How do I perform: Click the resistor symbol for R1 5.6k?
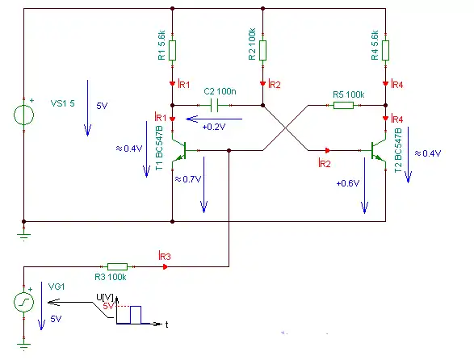[x=172, y=51]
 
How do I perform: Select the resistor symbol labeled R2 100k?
[x=262, y=51]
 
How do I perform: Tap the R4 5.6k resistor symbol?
[x=385, y=51]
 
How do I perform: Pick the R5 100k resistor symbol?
[x=343, y=105]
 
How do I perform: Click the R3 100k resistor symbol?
[x=118, y=266]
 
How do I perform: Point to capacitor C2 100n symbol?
[x=214, y=105]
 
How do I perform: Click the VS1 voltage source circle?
[x=24, y=115]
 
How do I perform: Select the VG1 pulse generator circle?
[x=24, y=302]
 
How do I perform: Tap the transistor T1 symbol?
[x=180, y=150]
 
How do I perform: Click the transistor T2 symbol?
[x=378, y=150]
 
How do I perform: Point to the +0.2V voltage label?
[x=214, y=127]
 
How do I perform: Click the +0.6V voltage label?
[x=348, y=183]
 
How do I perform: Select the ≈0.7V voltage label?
[x=188, y=179]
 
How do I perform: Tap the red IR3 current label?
[x=165, y=256]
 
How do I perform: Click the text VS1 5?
[x=62, y=103]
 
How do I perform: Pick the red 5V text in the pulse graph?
[x=108, y=306]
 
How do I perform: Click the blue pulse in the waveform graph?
[x=136, y=315]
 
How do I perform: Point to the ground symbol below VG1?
[x=24, y=345]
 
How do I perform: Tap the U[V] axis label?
[x=105, y=297]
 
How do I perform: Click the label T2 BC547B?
[x=398, y=150]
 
